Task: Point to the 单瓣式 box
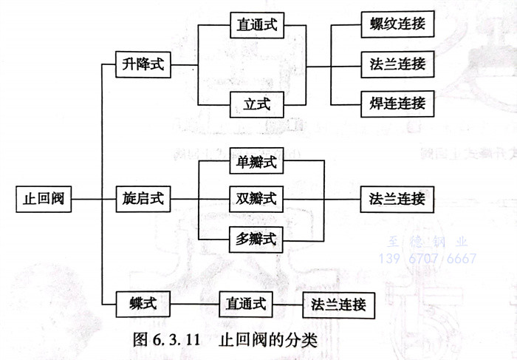coord(256,161)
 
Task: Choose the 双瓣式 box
coord(256,200)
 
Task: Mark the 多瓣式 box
coord(256,238)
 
